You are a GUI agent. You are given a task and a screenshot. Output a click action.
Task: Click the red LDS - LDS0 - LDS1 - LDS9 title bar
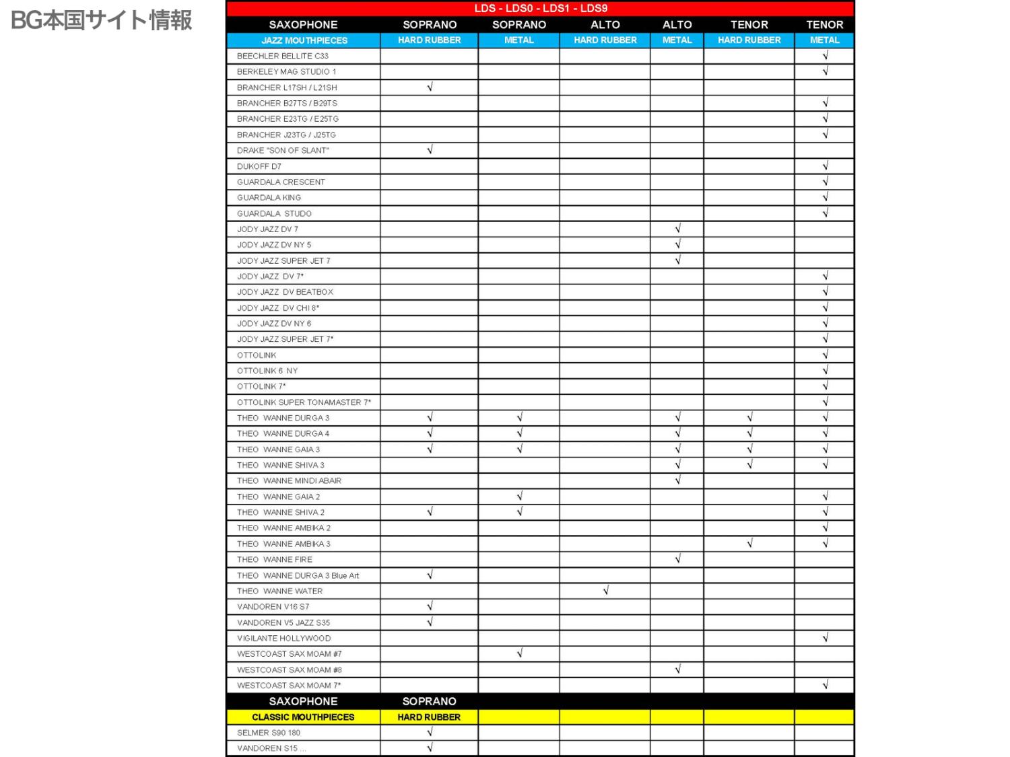tap(540, 9)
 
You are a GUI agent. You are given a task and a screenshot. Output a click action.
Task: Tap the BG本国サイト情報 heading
tap(102, 20)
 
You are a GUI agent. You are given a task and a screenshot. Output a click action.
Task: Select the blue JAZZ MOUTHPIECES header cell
tap(304, 40)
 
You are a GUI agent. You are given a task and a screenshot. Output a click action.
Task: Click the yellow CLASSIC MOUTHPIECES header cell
tap(303, 717)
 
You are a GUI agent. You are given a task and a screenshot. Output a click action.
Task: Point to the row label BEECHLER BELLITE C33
tap(283, 56)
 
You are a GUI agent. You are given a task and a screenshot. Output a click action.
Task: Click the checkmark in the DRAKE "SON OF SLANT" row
tap(430, 150)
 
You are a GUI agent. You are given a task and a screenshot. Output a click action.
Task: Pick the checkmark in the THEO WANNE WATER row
tap(605, 591)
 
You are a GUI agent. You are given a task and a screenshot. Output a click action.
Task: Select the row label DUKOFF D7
tap(259, 166)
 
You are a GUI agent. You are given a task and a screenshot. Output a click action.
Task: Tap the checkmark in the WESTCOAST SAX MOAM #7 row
tap(519, 653)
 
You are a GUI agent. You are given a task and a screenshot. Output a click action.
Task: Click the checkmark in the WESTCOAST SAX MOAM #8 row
tap(677, 670)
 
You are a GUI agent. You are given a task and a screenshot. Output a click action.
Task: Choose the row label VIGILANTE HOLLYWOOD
tap(283, 638)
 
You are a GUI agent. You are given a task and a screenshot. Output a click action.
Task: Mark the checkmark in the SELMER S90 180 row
tap(430, 732)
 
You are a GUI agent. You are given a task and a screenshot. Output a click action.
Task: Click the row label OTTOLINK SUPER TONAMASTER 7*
tap(304, 402)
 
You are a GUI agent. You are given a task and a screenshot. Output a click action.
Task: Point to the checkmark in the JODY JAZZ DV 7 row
tap(677, 229)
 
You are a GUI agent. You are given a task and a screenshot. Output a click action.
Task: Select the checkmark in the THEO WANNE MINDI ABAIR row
tap(677, 480)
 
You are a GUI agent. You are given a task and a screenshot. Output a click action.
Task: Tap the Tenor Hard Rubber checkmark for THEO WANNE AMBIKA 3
tap(749, 544)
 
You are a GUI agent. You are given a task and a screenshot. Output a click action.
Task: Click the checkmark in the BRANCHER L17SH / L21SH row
tap(430, 87)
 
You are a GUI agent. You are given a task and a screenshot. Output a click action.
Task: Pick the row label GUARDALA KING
tap(269, 198)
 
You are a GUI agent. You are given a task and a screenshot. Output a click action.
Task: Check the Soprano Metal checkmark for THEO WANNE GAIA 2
tap(519, 497)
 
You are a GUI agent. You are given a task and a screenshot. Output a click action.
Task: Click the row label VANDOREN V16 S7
tap(273, 607)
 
